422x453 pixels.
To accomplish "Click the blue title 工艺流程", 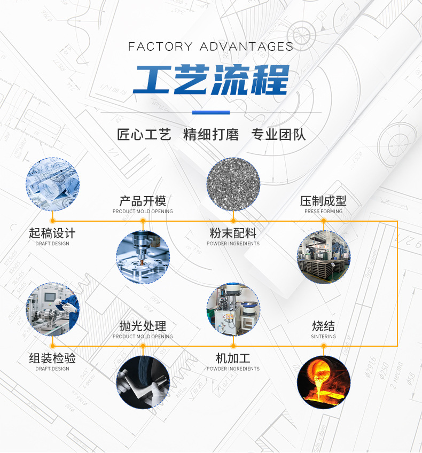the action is pos(211,80).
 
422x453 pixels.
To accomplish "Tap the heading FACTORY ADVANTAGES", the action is pos(211,46).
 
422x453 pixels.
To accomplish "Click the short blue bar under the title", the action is pos(211,112).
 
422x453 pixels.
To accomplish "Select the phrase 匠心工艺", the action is pos(144,135).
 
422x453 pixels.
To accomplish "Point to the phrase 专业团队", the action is pos(278,135).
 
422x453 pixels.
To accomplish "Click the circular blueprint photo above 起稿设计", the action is pos(52,184).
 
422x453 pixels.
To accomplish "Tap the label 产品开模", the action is pos(143,201).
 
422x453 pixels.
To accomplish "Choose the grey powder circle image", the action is pos(233,184).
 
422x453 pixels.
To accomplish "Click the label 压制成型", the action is pos(323,201).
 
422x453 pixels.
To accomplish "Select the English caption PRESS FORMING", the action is pos(324,212).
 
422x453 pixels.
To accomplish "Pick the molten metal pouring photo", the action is pos(324,382).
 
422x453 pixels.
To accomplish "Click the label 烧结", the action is pos(324,326).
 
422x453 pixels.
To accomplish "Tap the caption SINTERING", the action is pos(324,337).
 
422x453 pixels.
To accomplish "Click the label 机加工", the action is pos(233,358).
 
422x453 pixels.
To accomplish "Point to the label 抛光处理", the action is pos(143,326).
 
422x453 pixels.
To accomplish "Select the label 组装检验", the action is pos(52,358).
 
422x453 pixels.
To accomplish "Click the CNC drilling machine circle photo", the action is pos(143,257).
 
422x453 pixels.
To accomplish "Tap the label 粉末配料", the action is pos(233,233).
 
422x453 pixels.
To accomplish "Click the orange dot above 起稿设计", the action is pos(52,221).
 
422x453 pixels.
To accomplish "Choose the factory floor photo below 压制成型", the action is pos(324,257).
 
